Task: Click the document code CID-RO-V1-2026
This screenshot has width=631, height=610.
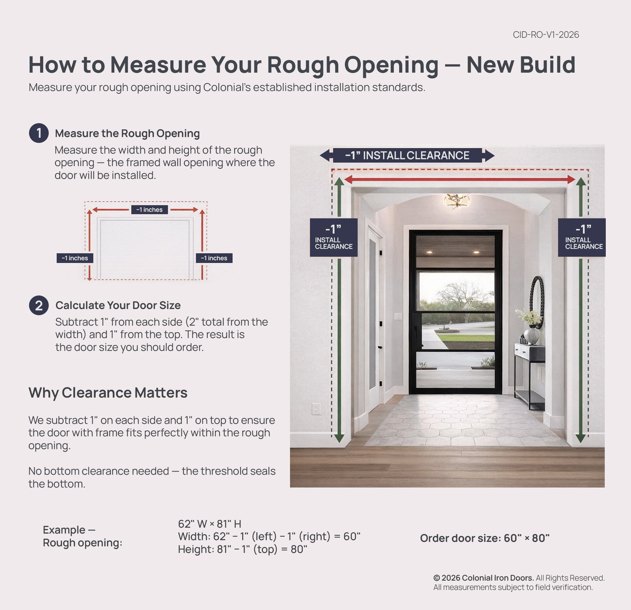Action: (x=546, y=35)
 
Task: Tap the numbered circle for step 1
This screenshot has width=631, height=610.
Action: (x=39, y=133)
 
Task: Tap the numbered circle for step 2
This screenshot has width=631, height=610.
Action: (x=39, y=305)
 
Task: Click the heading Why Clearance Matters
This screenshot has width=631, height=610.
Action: (x=108, y=393)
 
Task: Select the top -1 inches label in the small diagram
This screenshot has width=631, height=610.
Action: (x=149, y=210)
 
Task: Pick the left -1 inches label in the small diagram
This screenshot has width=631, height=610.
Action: (x=75, y=258)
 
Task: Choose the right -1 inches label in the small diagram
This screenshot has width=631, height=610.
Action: (x=214, y=258)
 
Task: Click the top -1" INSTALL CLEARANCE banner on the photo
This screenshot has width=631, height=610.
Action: (x=407, y=156)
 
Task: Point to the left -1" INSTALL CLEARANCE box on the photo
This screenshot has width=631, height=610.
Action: (x=334, y=237)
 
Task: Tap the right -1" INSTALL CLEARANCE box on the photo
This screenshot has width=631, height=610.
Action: (x=582, y=237)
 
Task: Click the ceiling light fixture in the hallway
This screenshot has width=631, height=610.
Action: (x=457, y=200)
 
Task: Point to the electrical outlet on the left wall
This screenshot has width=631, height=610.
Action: (x=316, y=409)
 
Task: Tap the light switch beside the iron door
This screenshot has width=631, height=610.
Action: (x=398, y=316)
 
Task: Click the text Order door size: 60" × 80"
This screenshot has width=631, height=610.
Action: (x=485, y=538)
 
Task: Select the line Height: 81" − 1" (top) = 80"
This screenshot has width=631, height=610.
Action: (x=242, y=549)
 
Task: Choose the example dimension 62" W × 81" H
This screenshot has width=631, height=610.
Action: (x=210, y=524)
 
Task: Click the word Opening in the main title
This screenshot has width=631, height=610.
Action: (x=391, y=65)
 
